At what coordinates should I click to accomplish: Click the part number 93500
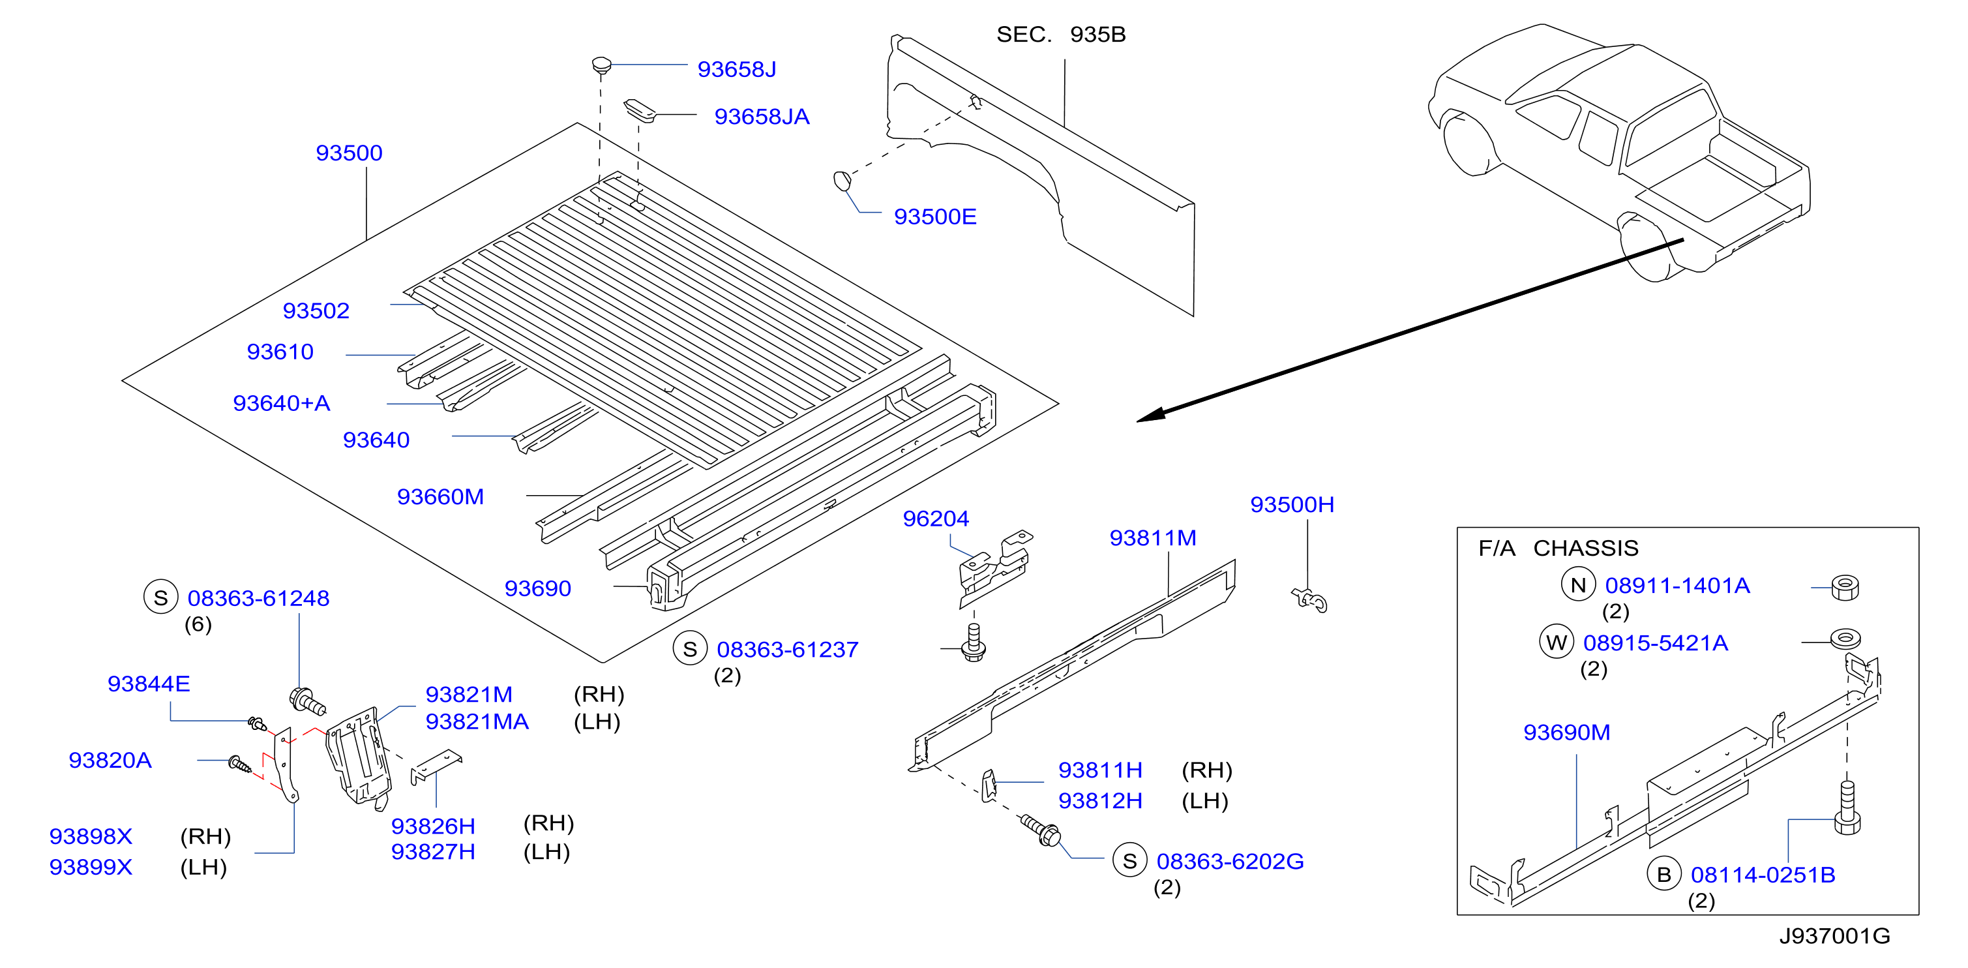click(x=349, y=153)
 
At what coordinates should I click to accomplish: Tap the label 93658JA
click(x=762, y=117)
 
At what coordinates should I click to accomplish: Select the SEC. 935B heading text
click(x=1061, y=35)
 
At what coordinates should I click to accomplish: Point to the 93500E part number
click(x=935, y=217)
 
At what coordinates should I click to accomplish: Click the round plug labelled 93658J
click(x=602, y=65)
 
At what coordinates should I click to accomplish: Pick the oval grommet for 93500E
click(x=842, y=181)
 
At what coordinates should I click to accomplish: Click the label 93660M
click(x=440, y=497)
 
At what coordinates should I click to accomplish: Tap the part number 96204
click(x=936, y=519)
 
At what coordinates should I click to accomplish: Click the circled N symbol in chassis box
click(x=1578, y=585)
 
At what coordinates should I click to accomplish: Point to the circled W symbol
click(x=1557, y=643)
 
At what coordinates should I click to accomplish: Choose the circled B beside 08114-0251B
click(x=1664, y=875)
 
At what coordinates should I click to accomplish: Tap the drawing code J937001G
click(x=1834, y=936)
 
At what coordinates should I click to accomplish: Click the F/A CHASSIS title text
click(x=1558, y=549)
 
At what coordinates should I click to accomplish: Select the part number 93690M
click(x=1567, y=733)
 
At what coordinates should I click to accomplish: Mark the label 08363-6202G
click(x=1230, y=862)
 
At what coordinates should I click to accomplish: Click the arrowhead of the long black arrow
click(x=1150, y=415)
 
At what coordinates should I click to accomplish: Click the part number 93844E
click(x=149, y=684)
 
